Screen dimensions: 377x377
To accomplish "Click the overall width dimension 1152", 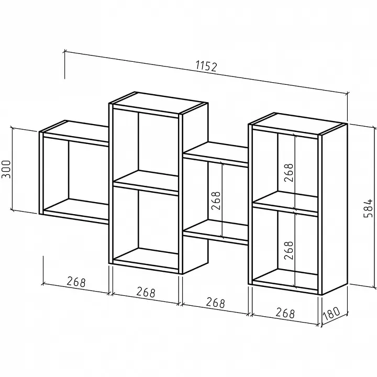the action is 206,66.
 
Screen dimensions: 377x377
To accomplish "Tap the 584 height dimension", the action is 368,208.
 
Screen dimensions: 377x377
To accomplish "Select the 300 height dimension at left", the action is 6,169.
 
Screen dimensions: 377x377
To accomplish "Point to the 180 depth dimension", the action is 331,314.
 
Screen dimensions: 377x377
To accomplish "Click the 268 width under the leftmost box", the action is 76,282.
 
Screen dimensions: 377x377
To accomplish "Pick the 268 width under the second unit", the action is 146,292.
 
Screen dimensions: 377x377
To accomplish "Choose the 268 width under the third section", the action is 215,303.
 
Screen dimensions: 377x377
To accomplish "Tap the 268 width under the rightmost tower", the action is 285,313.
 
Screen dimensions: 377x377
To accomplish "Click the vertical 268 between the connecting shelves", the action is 216,201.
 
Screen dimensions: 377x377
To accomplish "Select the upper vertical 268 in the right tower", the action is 289,173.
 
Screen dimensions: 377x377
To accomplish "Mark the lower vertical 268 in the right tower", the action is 289,250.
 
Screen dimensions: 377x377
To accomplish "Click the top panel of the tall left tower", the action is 158,103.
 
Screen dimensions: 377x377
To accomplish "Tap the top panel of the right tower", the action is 297,124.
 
